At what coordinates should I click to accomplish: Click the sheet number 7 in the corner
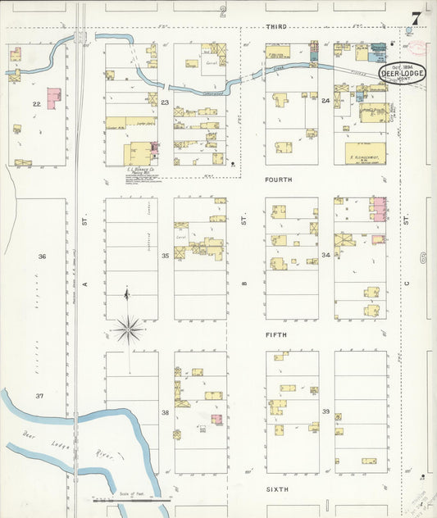(417, 17)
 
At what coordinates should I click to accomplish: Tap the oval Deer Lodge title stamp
(402, 74)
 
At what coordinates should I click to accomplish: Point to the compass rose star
(128, 330)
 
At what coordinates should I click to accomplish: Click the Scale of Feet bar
(131, 498)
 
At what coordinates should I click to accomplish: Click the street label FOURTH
(278, 179)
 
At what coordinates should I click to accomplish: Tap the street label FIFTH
(275, 335)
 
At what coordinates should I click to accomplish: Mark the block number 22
(36, 104)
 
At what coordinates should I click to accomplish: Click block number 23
(165, 102)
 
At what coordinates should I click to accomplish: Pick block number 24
(325, 101)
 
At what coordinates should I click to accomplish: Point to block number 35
(165, 256)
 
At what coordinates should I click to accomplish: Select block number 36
(41, 257)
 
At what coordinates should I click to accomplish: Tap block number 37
(39, 396)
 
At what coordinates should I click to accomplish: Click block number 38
(165, 412)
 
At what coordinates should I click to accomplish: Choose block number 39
(325, 411)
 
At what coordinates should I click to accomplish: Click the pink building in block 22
(53, 98)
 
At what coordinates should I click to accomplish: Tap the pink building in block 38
(216, 419)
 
